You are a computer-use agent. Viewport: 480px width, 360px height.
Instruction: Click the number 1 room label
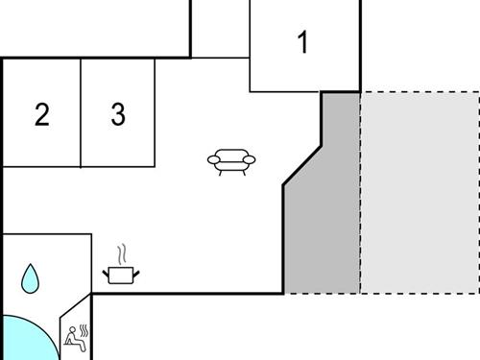(x=303, y=43)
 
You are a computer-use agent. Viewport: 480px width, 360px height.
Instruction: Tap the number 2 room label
(x=41, y=115)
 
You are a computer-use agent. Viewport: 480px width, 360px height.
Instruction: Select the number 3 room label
(x=117, y=115)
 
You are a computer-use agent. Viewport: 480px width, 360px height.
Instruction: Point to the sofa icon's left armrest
(x=213, y=160)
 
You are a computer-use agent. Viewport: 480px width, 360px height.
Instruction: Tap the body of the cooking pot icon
(x=121, y=276)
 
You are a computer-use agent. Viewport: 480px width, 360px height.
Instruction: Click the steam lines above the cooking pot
(x=121, y=254)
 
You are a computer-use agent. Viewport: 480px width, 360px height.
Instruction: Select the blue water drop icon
(x=32, y=278)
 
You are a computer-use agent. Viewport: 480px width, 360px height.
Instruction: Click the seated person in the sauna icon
(x=72, y=337)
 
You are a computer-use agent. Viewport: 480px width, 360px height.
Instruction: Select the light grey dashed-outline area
(x=419, y=192)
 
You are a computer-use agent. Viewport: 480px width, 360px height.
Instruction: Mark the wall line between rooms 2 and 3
(x=81, y=111)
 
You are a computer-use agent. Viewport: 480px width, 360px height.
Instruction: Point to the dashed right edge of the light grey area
(x=478, y=192)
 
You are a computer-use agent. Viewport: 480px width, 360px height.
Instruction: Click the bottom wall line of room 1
(x=284, y=92)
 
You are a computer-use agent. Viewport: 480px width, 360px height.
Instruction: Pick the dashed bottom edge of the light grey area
(x=419, y=293)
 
